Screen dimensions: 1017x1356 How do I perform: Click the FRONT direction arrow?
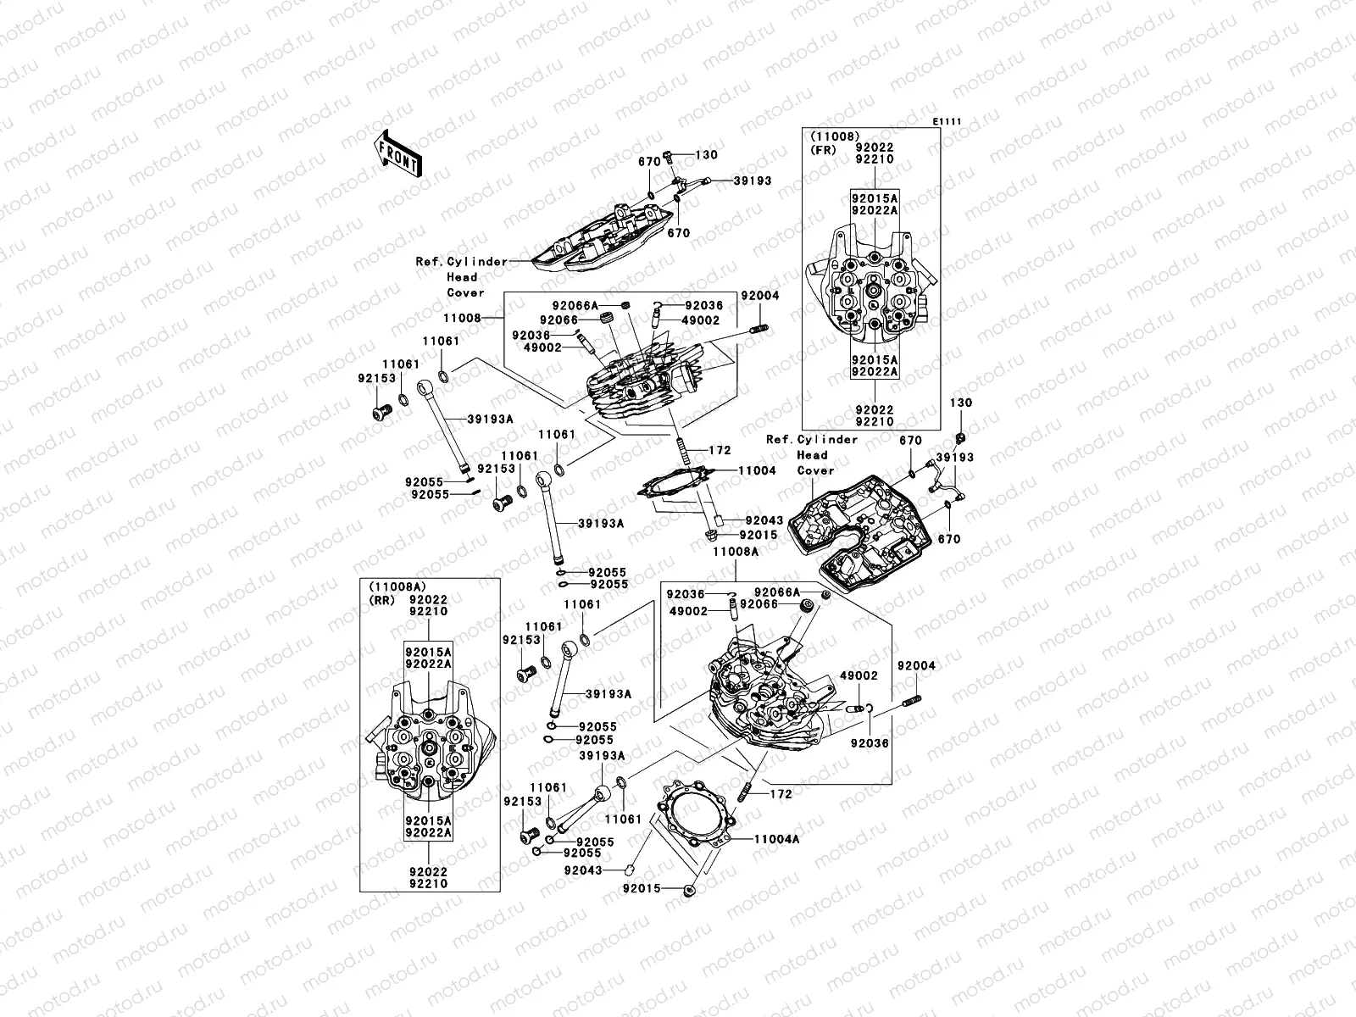click(399, 153)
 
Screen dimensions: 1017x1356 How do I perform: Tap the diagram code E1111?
click(948, 122)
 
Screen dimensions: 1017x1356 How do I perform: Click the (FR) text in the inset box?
click(823, 150)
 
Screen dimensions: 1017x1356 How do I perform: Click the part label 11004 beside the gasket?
click(757, 470)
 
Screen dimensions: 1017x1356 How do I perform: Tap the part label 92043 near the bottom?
click(603, 870)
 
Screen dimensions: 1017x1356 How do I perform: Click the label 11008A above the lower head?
click(735, 551)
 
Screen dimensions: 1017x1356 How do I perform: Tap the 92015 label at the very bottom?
click(642, 889)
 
